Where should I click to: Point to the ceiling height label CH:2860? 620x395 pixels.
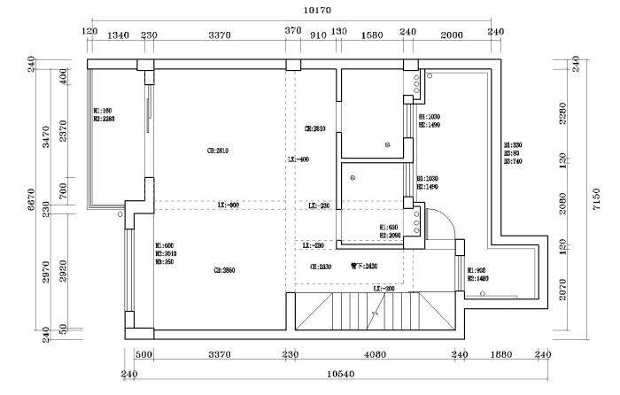pos(225,269)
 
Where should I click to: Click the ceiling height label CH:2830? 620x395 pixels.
pos(320,266)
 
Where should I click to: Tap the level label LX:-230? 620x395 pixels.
pos(319,205)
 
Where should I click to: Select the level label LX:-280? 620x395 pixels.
pos(313,245)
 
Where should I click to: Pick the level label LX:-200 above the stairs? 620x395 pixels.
pos(384,289)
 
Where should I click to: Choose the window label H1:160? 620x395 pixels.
pos(103,111)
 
